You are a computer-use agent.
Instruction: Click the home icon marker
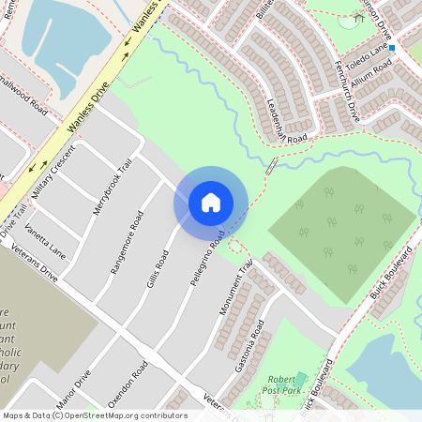point(211,202)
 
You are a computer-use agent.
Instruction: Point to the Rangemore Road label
point(127,243)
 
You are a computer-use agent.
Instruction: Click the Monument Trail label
point(237,287)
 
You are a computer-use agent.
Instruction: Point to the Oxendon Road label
point(128,384)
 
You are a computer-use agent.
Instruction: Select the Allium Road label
point(372,72)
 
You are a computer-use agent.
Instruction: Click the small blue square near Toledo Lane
point(392,47)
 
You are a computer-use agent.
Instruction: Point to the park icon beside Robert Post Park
point(300,380)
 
